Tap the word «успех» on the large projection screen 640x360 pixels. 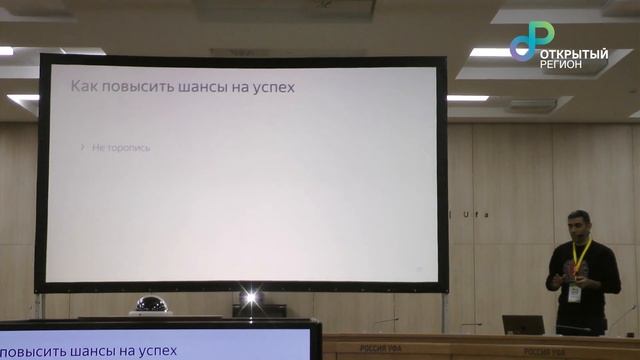(x=275, y=88)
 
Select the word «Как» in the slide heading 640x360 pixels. (x=83, y=87)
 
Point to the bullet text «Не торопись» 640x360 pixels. (x=120, y=147)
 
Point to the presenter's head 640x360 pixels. (x=579, y=223)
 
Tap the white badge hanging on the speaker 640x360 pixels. (x=575, y=294)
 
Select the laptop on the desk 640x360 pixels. (x=523, y=325)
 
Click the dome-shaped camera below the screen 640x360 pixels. (x=152, y=305)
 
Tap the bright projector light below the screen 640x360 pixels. (x=250, y=298)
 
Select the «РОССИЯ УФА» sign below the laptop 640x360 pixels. (x=520, y=348)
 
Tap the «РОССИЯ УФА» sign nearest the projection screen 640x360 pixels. (x=381, y=348)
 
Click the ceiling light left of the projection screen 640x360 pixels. (x=22, y=98)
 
